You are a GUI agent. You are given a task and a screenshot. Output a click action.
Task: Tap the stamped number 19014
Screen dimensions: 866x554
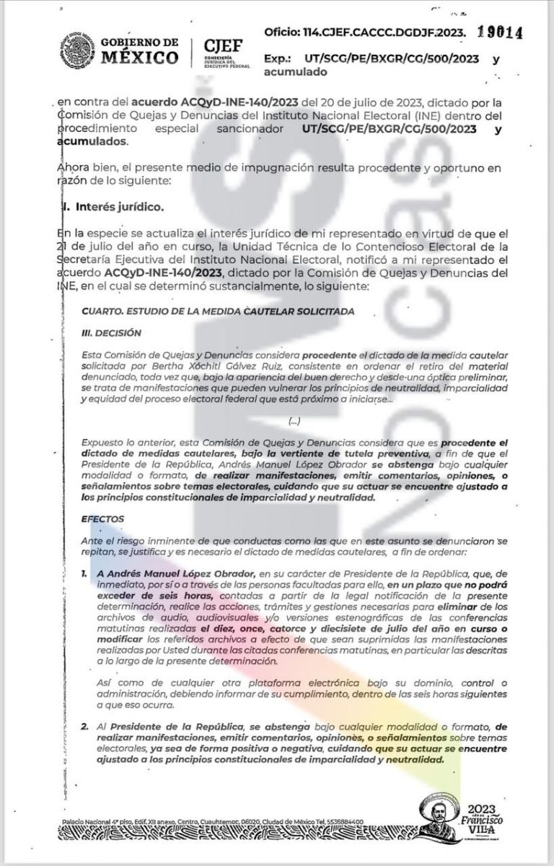coord(499,32)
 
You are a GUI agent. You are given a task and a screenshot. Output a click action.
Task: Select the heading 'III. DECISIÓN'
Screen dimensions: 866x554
coord(111,333)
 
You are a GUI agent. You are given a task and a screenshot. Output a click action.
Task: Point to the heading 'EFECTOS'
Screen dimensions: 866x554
coord(103,518)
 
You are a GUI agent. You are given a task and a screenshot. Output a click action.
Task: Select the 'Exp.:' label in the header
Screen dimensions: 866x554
coord(278,60)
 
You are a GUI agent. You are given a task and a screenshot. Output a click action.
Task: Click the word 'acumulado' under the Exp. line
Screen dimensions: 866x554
coord(296,72)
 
